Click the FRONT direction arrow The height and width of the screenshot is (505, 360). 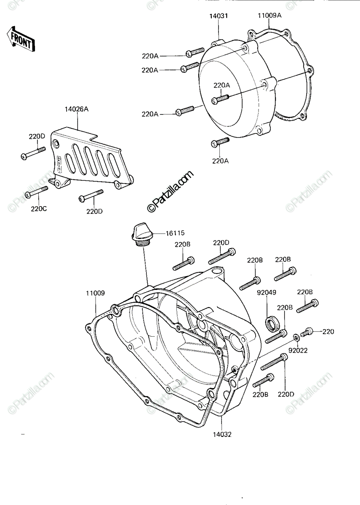21,39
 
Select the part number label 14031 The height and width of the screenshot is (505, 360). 219,16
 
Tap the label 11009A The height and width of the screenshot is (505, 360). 270,16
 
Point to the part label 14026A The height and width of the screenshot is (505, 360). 77,109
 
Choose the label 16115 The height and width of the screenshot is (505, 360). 175,233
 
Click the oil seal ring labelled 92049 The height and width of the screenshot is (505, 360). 273,324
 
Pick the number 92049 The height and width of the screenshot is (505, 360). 267,292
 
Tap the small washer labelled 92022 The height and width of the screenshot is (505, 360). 296,338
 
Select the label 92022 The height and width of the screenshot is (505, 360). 298,351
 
